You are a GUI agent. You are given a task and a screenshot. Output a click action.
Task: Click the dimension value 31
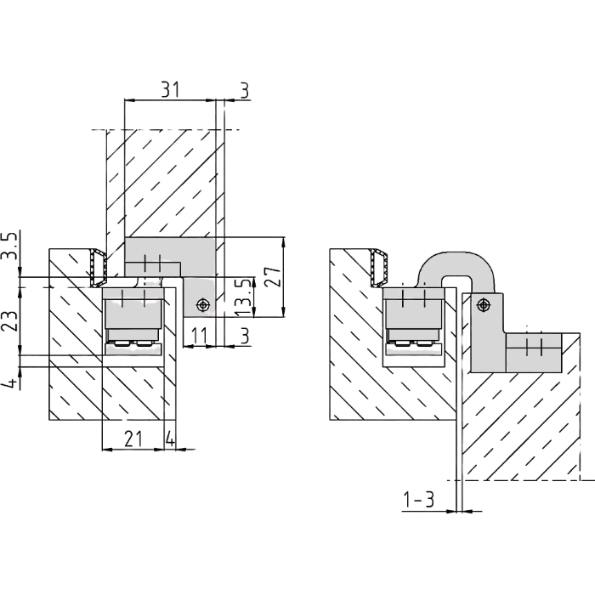(170, 89)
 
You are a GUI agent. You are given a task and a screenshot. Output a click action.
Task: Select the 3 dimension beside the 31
(245, 90)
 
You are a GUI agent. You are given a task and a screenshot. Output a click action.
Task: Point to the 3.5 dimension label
(10, 246)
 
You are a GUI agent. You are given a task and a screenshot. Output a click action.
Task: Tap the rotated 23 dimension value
(10, 321)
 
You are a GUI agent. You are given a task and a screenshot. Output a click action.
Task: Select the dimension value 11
(199, 336)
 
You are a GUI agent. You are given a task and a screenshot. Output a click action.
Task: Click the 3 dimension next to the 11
(245, 336)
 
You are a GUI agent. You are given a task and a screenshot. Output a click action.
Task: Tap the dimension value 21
(133, 439)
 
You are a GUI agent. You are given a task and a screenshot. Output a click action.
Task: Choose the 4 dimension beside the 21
(170, 439)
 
